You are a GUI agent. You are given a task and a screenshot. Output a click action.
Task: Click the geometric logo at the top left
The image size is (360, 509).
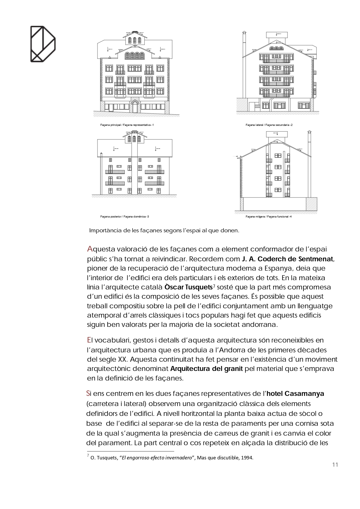[43, 44]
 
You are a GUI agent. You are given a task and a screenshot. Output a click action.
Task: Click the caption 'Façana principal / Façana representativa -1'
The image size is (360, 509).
[127, 125]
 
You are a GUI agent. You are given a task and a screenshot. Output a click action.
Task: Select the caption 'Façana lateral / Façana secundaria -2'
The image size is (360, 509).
[269, 125]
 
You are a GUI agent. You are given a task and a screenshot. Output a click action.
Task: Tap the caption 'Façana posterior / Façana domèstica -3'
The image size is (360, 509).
[124, 217]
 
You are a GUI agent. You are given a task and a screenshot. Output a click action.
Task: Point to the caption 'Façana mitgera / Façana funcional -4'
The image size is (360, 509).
[268, 217]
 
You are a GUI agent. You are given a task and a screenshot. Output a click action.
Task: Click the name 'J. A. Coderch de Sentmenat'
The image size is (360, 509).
[287, 259]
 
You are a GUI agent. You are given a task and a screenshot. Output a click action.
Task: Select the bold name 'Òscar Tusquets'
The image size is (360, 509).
[188, 287]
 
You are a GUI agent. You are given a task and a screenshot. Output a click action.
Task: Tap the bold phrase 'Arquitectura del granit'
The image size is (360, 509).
[206, 369]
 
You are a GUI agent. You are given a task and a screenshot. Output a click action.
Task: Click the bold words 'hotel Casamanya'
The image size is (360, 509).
[295, 394]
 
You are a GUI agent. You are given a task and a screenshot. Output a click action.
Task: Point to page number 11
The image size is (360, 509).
[335, 465]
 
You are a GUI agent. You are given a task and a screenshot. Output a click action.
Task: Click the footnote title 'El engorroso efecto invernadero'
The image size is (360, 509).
[157, 458]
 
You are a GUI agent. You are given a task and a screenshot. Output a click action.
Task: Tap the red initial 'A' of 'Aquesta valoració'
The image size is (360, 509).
[90, 249]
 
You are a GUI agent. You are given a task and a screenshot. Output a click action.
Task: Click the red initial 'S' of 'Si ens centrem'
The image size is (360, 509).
[88, 394]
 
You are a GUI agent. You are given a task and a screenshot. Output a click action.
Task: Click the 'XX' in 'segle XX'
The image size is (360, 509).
[122, 359]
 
